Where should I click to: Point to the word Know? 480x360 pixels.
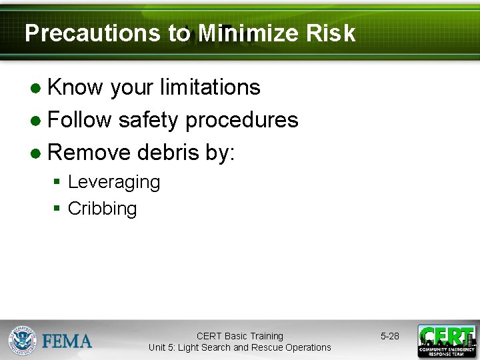point(75,87)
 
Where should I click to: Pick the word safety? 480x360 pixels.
point(149,120)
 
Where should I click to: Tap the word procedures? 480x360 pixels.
point(241,120)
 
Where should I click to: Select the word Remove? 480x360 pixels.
point(89,153)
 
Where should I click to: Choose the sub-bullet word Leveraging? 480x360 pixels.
point(114,182)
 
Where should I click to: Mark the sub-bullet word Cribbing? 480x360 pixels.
point(103,209)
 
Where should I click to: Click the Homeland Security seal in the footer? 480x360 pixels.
point(22,341)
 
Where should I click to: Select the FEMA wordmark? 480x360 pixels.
point(67,341)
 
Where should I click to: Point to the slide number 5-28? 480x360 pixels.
point(390,336)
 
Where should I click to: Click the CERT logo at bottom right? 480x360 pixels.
point(446,341)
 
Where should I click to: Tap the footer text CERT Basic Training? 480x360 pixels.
point(239,336)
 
